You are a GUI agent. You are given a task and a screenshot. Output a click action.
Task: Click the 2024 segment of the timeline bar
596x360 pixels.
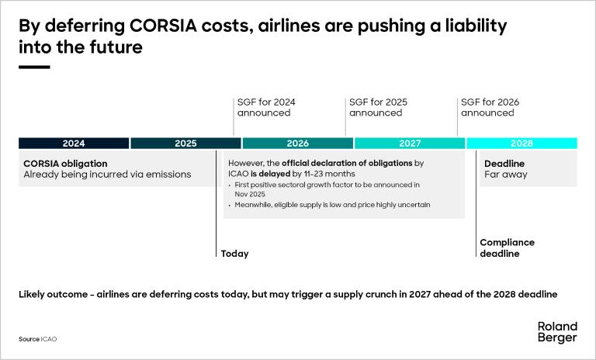pos(74,144)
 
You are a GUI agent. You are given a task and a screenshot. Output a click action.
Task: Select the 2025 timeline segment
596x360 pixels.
pos(185,144)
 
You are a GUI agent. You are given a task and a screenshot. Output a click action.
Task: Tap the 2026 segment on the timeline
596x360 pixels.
pos(297,144)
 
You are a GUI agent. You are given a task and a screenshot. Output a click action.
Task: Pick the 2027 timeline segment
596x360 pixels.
pos(410,144)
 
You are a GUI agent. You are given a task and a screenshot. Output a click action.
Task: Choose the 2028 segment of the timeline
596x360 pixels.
pos(521,144)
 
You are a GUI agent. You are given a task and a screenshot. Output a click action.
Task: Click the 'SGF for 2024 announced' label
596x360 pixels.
pos(266,107)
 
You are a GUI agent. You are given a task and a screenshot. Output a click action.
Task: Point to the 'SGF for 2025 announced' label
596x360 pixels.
pos(378,107)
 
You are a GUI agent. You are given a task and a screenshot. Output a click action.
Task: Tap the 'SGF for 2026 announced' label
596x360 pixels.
pos(490,107)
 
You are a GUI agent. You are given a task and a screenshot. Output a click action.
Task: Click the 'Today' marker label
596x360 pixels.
pos(235,254)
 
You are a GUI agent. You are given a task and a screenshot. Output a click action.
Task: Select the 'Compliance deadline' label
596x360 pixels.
pos(507,248)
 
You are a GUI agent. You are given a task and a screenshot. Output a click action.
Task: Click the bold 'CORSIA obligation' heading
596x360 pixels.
pos(65,164)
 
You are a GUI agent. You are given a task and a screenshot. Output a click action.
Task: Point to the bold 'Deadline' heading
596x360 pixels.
pos(504,164)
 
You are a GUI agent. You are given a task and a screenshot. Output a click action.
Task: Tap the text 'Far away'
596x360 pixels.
pos(505,175)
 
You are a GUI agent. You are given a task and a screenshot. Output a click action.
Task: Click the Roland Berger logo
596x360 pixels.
pos(557,332)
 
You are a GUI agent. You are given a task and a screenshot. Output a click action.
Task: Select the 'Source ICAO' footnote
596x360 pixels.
pos(38,340)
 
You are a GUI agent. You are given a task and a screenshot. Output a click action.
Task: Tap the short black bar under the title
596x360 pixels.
pos(34,67)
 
